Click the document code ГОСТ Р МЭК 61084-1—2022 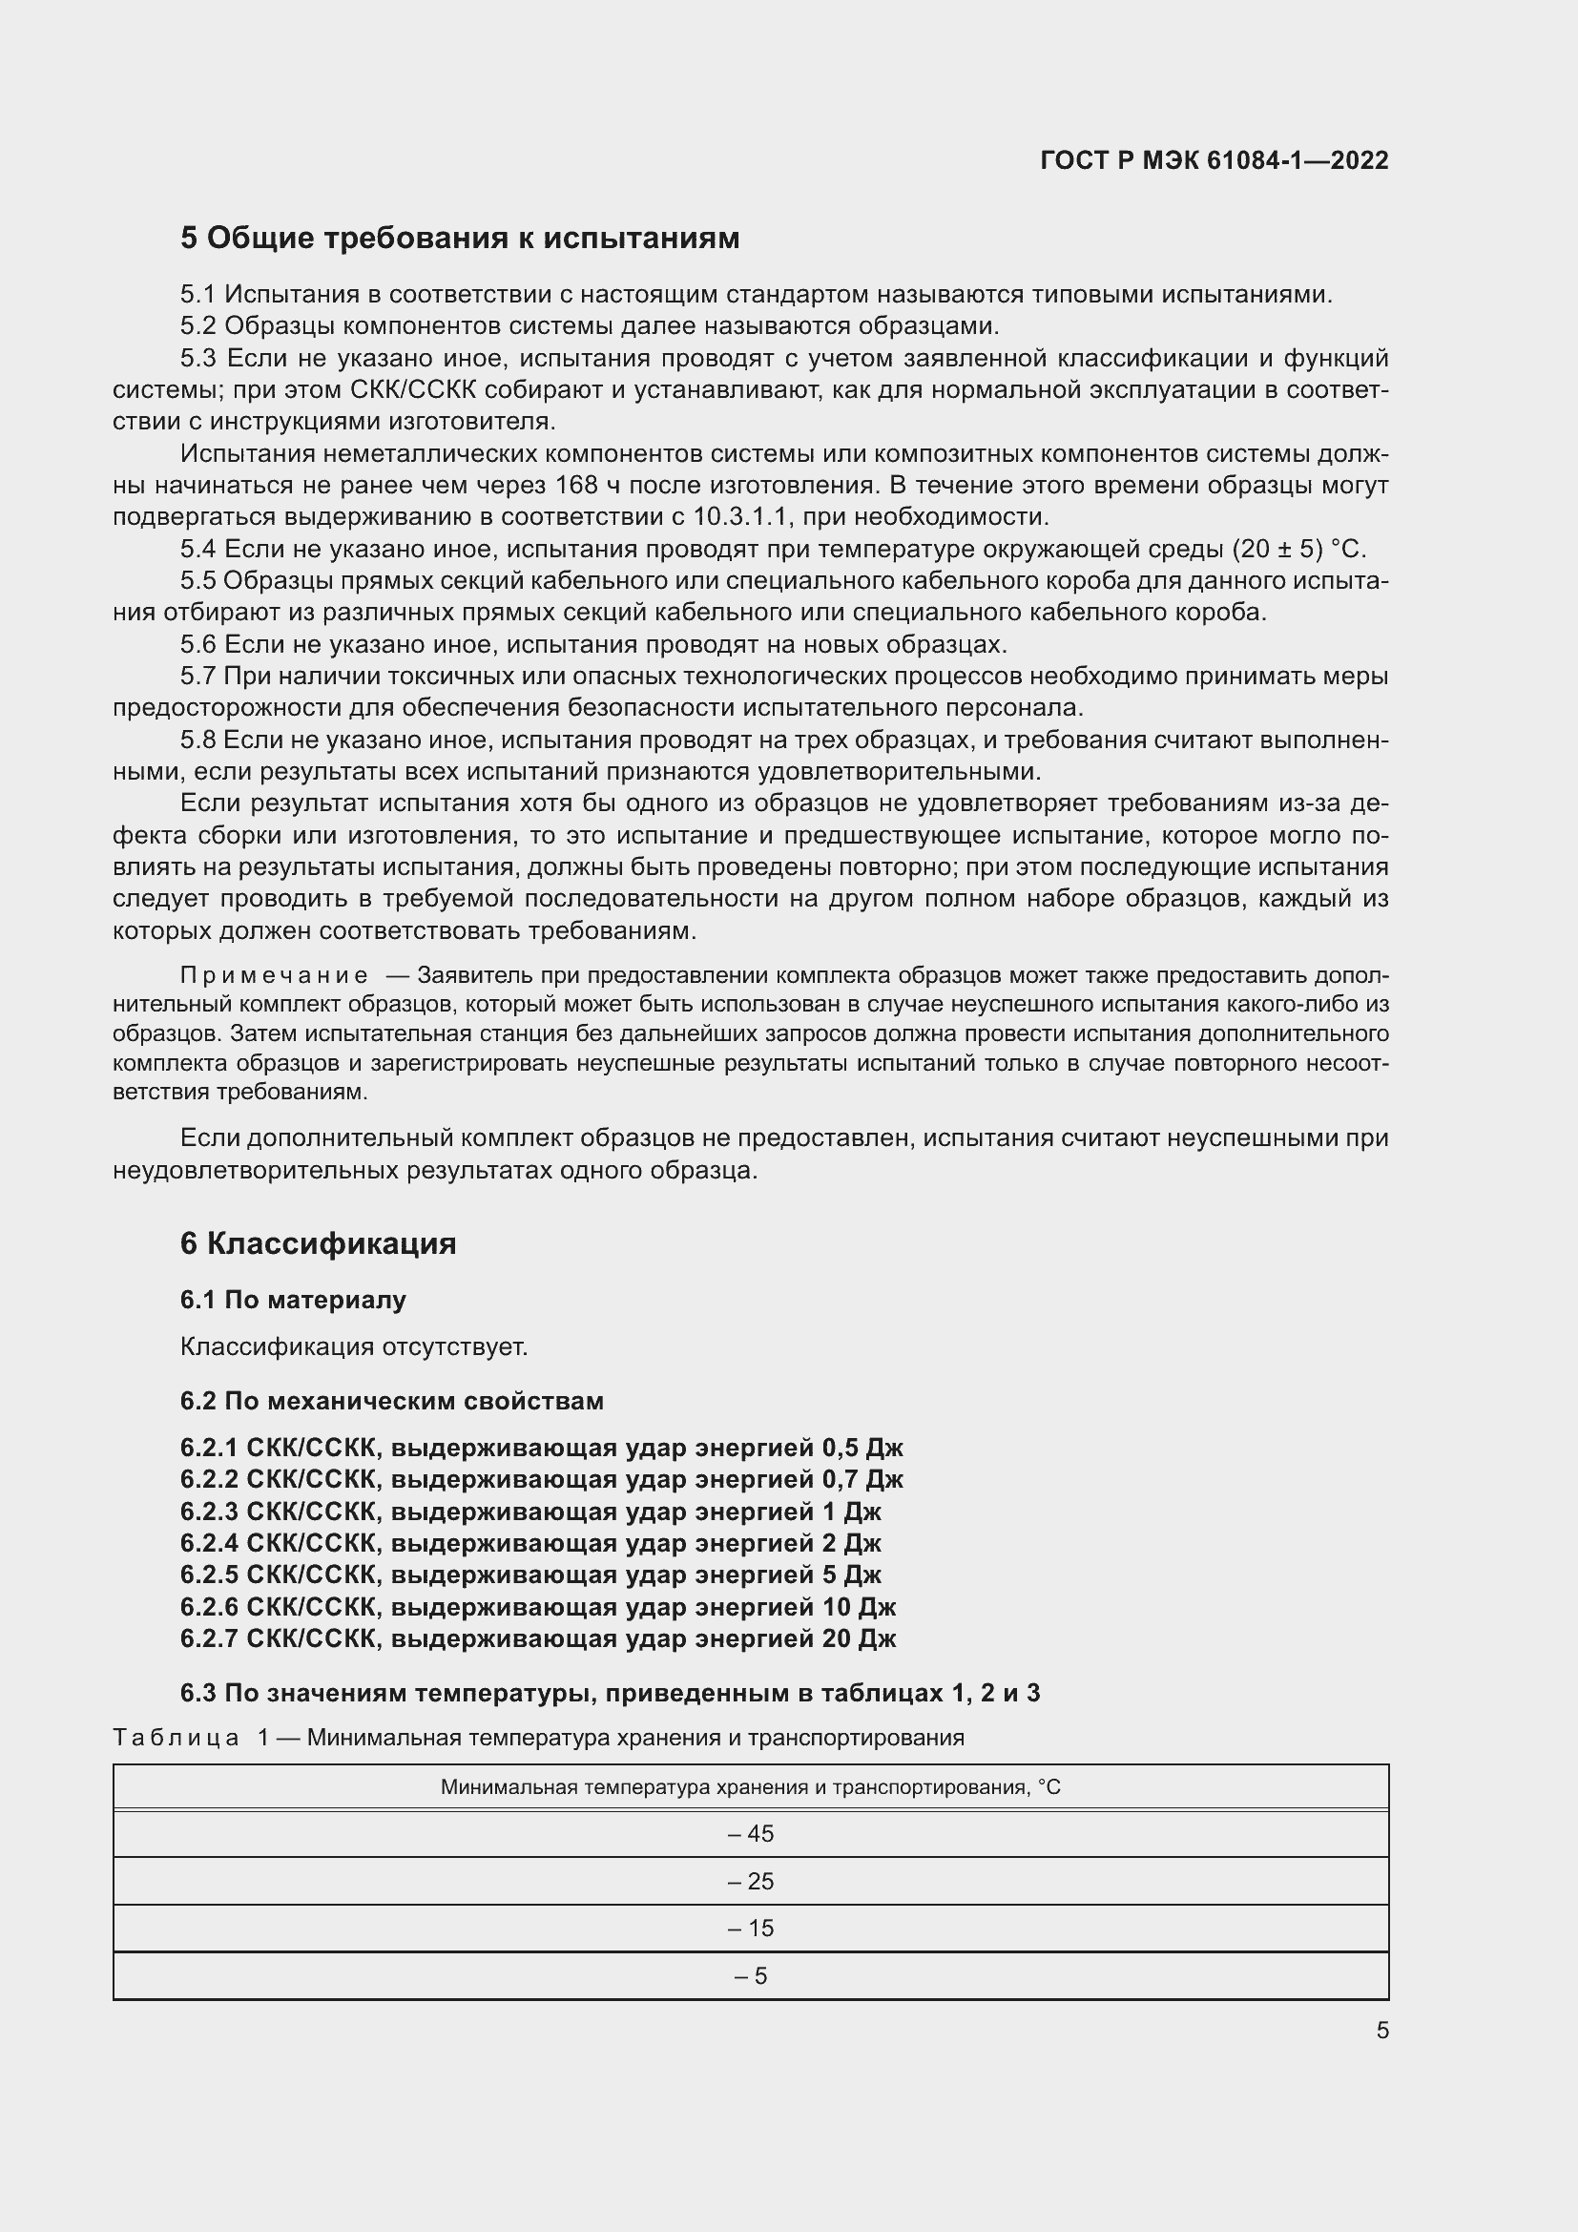[1214, 160]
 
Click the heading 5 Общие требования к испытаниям [460, 239]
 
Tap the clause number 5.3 [197, 359]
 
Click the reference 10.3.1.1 [740, 516]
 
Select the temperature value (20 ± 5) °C [1298, 550]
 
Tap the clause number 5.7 [197, 676]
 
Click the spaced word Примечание [274, 975]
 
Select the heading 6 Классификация [318, 1244]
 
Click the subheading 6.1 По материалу [293, 1300]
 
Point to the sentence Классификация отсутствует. [354, 1346]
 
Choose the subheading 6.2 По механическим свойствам [391, 1401]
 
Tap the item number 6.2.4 [208, 1543]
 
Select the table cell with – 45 [750, 1833]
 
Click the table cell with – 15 [750, 1928]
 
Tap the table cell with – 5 [750, 1976]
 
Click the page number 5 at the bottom [1381, 2031]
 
